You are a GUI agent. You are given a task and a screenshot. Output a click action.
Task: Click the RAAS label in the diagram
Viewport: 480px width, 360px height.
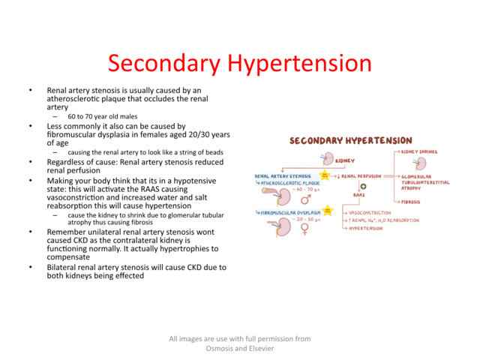[x=359, y=195]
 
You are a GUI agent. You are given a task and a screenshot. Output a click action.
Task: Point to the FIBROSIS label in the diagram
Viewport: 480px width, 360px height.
[x=411, y=201]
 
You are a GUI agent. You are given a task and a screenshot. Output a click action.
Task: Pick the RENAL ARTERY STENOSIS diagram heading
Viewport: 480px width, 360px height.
[x=283, y=176]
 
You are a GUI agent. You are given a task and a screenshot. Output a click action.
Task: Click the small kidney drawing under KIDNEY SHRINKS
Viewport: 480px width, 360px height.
[x=421, y=163]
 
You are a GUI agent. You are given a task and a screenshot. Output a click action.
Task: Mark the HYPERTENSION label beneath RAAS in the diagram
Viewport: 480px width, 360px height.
[x=365, y=228]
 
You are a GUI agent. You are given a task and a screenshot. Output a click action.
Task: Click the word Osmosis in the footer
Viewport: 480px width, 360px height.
[x=221, y=348]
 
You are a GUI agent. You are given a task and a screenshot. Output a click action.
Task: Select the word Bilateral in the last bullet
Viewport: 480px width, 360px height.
[x=63, y=267]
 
